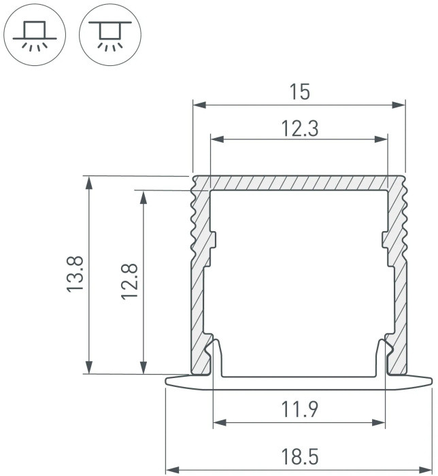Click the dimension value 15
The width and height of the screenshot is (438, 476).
pos(300,92)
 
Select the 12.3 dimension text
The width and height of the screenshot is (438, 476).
pos(300,128)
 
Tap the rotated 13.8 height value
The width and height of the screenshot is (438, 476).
pos(76,275)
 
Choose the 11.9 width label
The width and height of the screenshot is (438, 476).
pos(300,410)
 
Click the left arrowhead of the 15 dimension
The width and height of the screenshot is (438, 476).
pos(198,105)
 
